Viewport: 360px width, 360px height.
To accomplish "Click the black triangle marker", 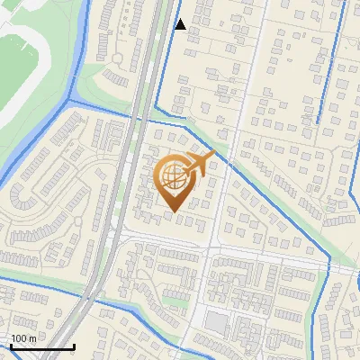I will tap(180, 24).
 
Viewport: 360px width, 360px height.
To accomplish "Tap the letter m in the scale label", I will tap(33, 337).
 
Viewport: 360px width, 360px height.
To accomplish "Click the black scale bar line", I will tap(41, 346).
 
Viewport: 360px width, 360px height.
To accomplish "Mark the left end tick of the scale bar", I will tap(10, 345).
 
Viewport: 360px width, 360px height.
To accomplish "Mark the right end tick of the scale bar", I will tap(74, 345).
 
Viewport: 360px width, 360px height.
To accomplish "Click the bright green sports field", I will tap(22, 67).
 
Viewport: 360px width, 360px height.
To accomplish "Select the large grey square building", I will tap(216, 322).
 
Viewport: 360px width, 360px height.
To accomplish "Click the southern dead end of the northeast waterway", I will tap(318, 121).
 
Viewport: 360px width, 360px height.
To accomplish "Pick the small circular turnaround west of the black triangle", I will tap(117, 58).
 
